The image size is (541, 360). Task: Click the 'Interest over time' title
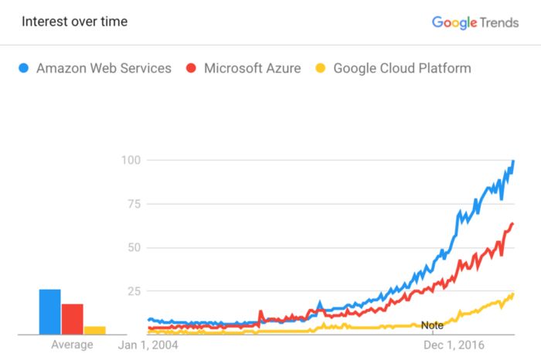point(74,22)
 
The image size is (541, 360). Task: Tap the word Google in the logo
point(454,22)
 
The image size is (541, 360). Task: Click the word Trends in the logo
point(499,22)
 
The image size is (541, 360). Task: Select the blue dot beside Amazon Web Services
point(24,69)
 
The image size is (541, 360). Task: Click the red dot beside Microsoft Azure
point(192,69)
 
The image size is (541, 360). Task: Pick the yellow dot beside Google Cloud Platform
point(321,69)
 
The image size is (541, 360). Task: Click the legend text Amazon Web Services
point(104,69)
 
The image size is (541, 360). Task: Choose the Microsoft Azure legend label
point(253,69)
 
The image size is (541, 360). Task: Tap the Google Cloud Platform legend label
point(402,69)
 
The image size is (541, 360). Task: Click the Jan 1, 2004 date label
point(148,345)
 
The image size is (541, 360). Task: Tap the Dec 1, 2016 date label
point(454,345)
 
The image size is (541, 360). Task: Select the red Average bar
point(72,319)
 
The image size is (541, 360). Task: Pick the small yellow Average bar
point(95,330)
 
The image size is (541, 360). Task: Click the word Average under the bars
point(72,345)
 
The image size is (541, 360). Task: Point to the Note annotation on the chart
point(432,325)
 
